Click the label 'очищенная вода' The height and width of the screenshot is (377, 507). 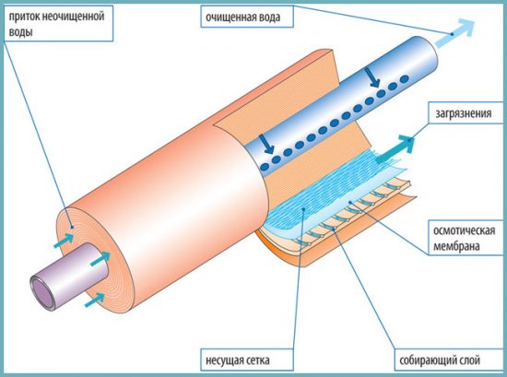coord(242,17)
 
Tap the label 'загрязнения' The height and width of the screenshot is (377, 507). coord(464,113)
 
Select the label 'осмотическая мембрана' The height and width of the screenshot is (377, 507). coord(464,239)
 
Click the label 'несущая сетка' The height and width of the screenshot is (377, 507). coord(238,359)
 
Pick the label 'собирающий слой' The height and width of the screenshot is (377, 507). coord(440,359)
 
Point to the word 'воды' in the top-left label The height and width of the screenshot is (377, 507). coord(20,32)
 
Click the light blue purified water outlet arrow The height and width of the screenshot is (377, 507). coord(455,33)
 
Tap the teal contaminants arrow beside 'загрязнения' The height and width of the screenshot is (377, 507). coord(395,148)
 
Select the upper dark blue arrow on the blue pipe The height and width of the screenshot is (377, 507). coord(371,77)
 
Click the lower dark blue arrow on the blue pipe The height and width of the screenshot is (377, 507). coord(266,144)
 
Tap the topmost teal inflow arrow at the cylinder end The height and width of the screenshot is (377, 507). coord(64,241)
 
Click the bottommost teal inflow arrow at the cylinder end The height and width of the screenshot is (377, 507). coord(95,300)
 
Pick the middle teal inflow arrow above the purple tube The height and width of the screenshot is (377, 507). coord(100,259)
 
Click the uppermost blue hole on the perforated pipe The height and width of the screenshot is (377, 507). coord(404,78)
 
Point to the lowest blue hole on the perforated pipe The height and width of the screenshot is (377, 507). coord(265,167)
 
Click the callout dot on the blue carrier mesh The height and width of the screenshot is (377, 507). coord(303,209)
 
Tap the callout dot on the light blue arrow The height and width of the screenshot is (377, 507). coord(452,34)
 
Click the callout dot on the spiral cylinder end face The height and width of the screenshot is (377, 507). coord(73,227)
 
